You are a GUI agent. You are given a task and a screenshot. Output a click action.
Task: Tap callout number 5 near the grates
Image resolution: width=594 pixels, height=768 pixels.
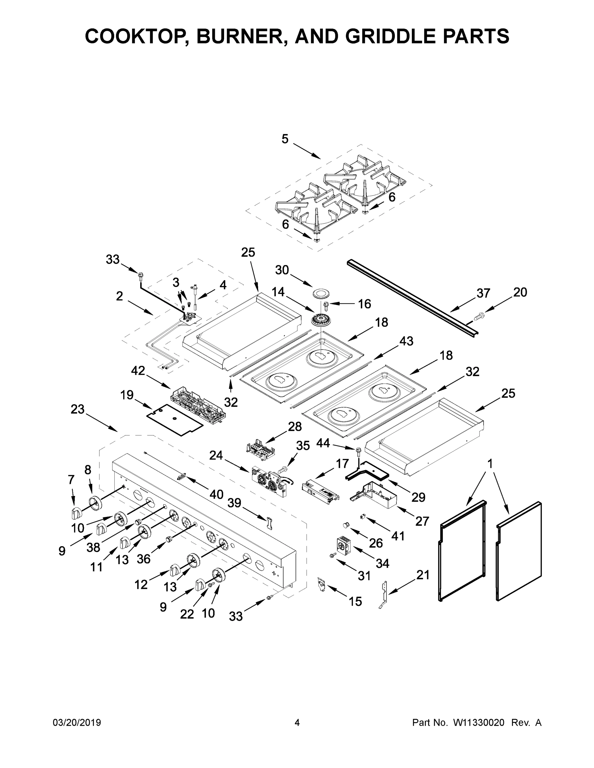pyautogui.click(x=285, y=139)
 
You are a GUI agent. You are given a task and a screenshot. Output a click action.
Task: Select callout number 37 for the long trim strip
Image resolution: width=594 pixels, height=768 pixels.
pyautogui.click(x=483, y=292)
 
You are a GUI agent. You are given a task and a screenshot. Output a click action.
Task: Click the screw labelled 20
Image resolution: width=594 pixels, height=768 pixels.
pyautogui.click(x=478, y=317)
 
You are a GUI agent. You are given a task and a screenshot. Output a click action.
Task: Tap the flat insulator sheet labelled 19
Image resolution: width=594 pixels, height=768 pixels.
pyautogui.click(x=174, y=420)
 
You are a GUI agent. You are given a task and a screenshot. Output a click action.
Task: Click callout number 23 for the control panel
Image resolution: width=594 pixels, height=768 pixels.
pyautogui.click(x=77, y=409)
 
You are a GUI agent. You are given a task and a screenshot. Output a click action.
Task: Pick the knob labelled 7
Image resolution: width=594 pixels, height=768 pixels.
pyautogui.click(x=76, y=513)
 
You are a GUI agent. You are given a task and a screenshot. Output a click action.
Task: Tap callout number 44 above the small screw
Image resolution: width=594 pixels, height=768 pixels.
pyautogui.click(x=323, y=443)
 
